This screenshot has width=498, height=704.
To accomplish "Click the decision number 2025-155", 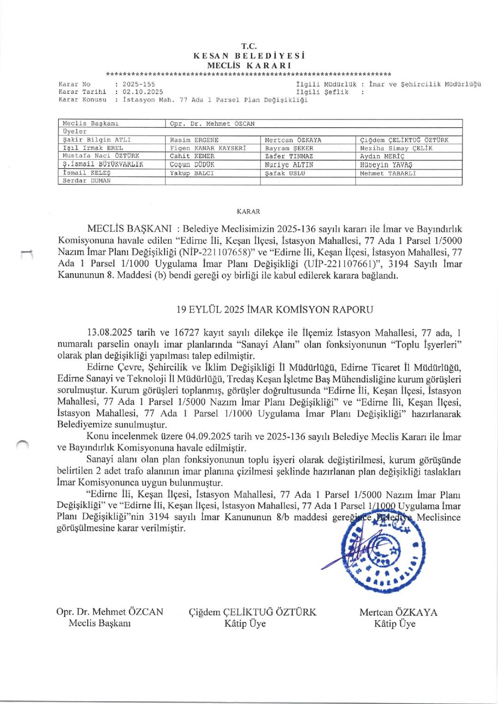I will tap(139, 84).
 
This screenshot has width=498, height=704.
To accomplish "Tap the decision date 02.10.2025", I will tap(142, 92).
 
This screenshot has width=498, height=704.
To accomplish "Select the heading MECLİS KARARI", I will tap(249, 65).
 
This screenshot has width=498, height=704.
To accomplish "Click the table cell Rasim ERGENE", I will tap(194, 140).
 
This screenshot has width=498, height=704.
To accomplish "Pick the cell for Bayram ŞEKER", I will tap(289, 148).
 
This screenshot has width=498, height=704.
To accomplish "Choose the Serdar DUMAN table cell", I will tap(87, 181).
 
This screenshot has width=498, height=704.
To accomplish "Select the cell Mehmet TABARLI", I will tap(388, 173).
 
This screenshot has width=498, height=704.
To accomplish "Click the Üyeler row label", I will tap(75, 132).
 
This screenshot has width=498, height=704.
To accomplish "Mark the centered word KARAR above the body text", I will tap(249, 211).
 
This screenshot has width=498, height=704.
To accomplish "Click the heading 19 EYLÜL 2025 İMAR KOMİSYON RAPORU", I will tap(275, 310).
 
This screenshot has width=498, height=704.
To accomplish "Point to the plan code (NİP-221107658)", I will tap(217, 252).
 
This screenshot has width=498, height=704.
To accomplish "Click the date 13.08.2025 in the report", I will tap(110, 333).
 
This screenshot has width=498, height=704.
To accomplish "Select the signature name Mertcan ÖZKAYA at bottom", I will tap(398, 612).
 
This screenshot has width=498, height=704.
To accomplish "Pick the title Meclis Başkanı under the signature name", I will tap(100, 623).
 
